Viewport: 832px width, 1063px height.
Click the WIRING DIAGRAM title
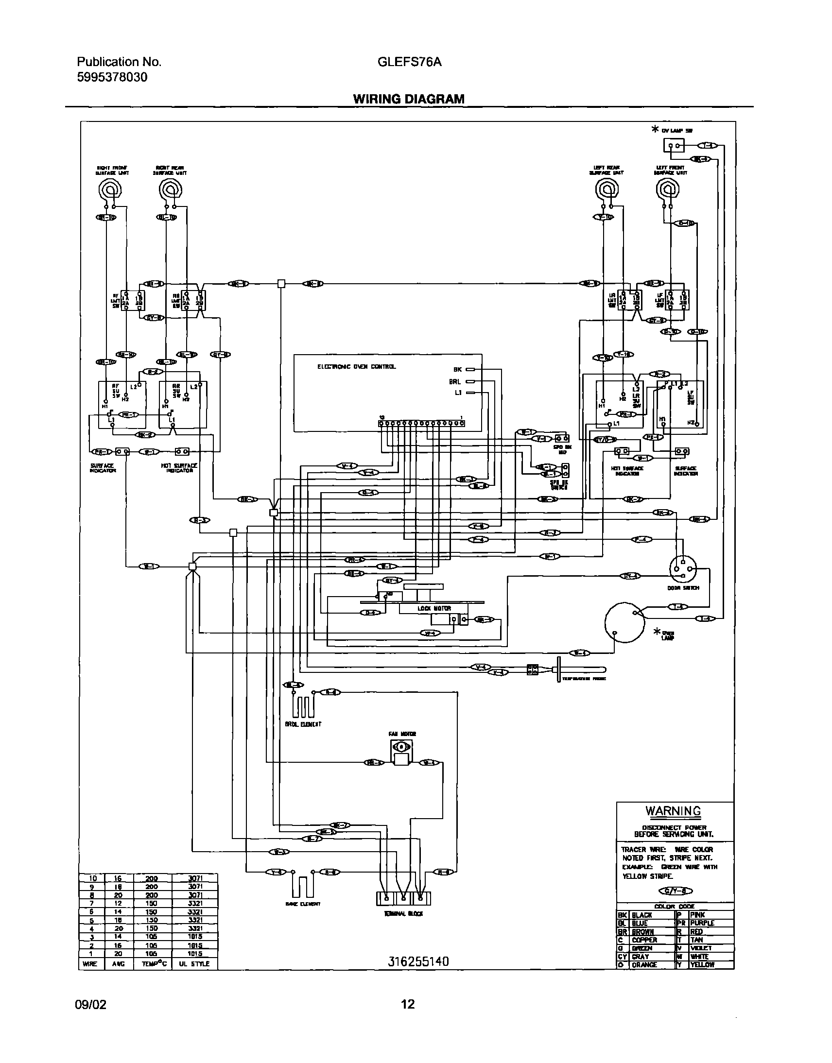click(x=409, y=99)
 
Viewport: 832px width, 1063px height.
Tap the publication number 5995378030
click(x=112, y=77)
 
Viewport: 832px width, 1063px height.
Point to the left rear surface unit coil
click(x=608, y=189)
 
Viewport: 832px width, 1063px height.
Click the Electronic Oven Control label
click(x=357, y=367)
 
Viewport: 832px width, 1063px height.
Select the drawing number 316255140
click(x=418, y=961)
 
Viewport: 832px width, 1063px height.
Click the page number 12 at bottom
click(x=408, y=1004)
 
